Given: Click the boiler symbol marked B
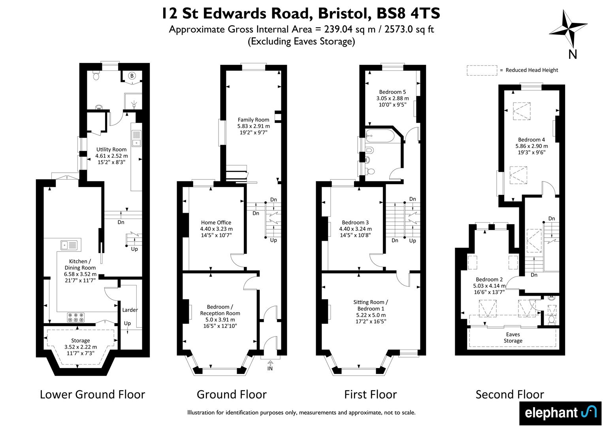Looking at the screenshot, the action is click(132, 76).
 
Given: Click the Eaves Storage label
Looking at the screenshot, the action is click(513, 338).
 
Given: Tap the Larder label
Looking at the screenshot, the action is click(130, 310).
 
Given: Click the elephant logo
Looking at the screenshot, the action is click(560, 413).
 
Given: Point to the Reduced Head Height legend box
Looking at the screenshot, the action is click(482, 70).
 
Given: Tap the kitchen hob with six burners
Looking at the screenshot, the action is click(75, 317).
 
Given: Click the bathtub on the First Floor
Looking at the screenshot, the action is click(380, 136).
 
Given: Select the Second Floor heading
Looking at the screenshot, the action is click(510, 395).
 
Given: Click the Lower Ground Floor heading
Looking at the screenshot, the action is click(92, 395).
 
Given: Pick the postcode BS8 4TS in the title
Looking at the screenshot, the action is click(408, 13).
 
